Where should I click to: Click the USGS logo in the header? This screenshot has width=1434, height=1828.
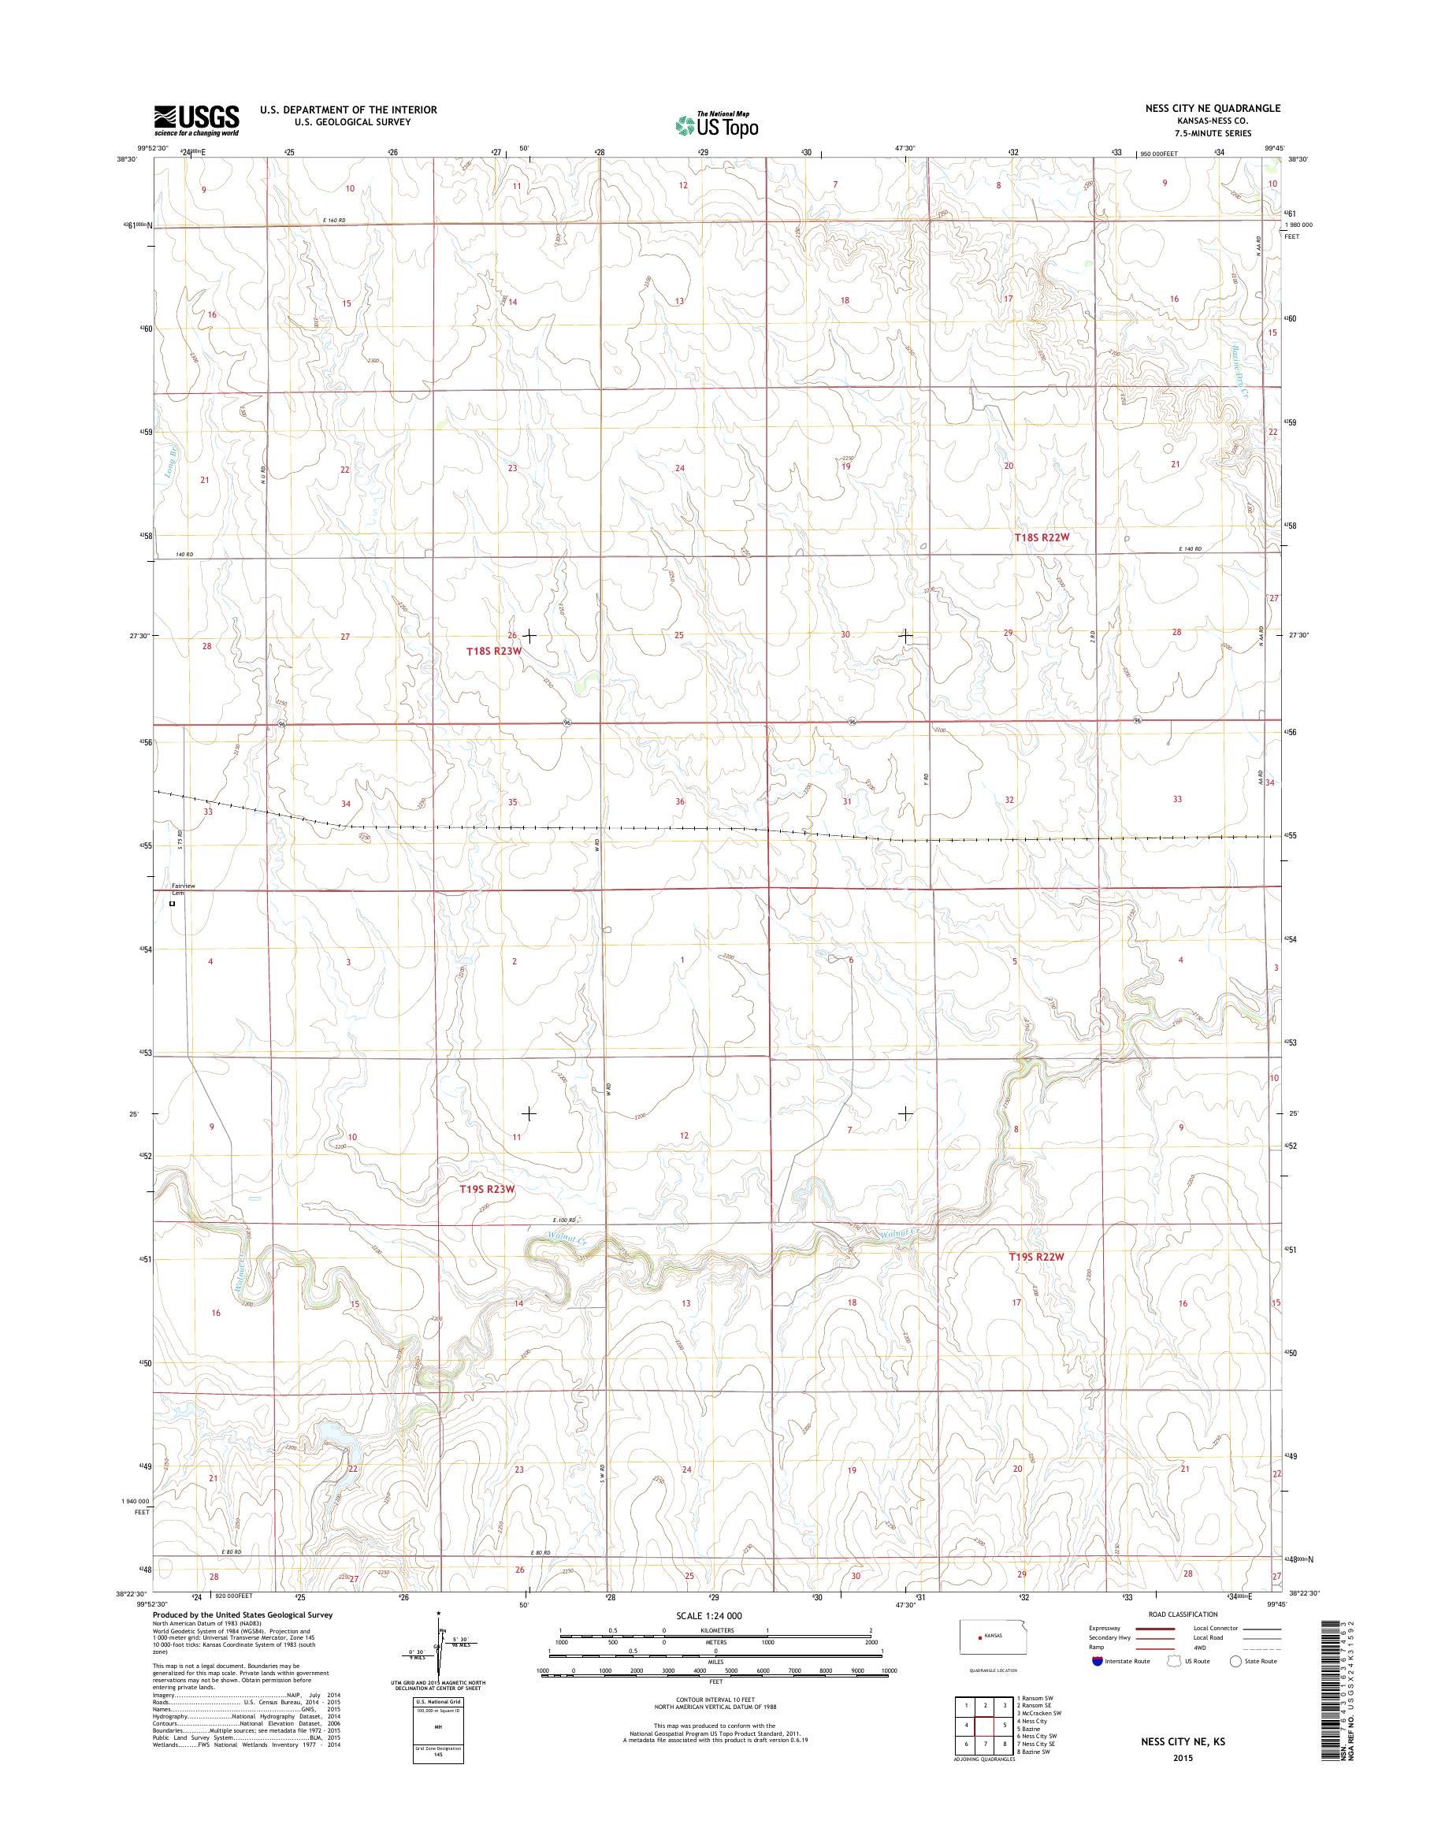(196, 120)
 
